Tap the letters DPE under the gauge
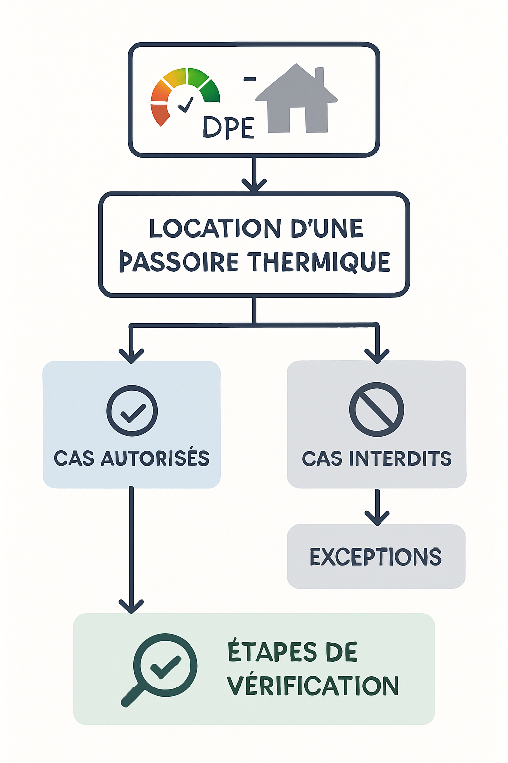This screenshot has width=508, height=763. pyautogui.click(x=228, y=128)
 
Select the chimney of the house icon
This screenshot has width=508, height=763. pyautogui.click(x=319, y=76)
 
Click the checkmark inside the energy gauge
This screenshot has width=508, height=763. pyautogui.click(x=186, y=104)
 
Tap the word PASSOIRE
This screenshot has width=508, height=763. pyautogui.click(x=179, y=262)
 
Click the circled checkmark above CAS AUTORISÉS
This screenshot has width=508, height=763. pyautogui.click(x=132, y=411)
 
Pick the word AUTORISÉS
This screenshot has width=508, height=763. pyautogui.click(x=155, y=458)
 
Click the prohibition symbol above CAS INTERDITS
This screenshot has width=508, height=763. pyautogui.click(x=377, y=409)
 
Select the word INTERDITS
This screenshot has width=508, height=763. pyautogui.click(x=400, y=458)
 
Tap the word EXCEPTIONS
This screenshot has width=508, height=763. pyautogui.click(x=376, y=557)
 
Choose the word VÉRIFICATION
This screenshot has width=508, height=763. pyautogui.click(x=313, y=686)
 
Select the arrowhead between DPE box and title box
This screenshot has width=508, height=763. pyautogui.click(x=254, y=185)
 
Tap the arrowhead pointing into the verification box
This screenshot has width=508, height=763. pyautogui.click(x=131, y=606)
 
